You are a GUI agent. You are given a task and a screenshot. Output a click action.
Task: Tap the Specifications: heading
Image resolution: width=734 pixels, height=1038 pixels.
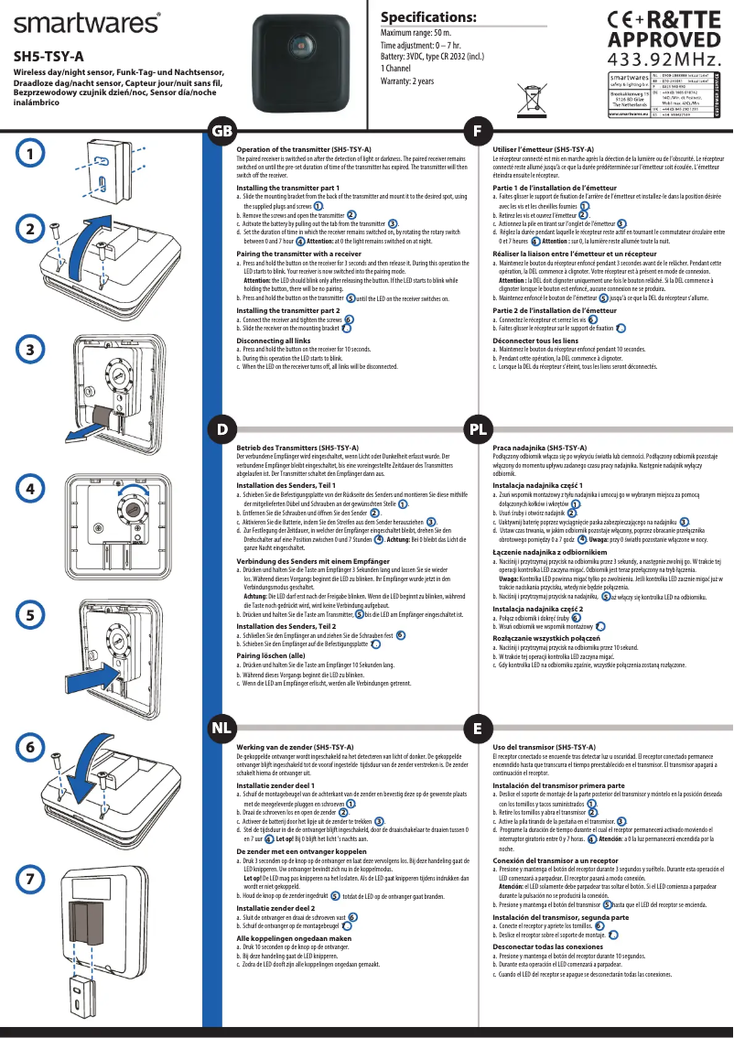(x=428, y=17)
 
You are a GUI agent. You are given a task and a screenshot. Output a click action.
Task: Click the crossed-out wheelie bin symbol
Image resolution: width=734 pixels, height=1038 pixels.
(x=533, y=93)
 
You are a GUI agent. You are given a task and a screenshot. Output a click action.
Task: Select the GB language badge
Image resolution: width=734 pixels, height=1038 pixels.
(x=222, y=131)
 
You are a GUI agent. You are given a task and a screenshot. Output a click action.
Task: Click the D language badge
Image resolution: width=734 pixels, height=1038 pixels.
(x=222, y=428)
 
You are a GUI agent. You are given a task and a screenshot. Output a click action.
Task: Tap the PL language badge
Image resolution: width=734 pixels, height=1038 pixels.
(x=477, y=428)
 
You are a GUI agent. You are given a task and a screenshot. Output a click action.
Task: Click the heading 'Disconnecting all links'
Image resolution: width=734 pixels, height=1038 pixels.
(x=274, y=341)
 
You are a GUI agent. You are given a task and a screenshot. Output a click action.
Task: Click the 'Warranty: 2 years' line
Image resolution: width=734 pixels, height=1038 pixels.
(x=407, y=81)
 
